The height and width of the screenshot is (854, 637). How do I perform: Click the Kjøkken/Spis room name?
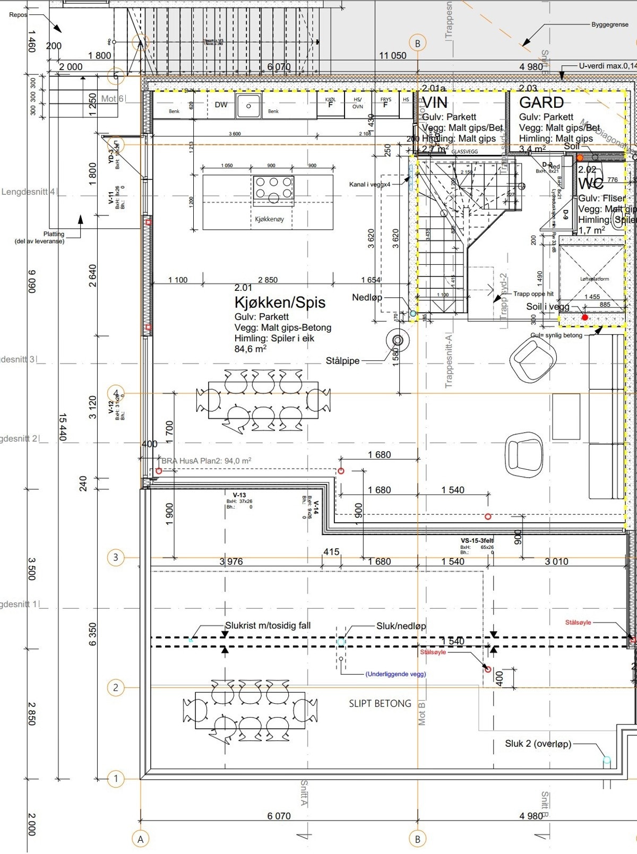click(280, 303)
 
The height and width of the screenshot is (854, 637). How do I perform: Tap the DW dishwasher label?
click(221, 105)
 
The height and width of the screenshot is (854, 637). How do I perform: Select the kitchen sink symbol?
click(248, 106)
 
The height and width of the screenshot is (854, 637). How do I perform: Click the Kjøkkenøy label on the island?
click(269, 219)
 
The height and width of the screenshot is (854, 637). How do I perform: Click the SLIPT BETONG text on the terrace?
click(380, 703)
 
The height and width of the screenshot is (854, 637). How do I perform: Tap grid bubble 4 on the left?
click(116, 393)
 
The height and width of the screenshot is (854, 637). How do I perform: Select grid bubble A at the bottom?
click(141, 839)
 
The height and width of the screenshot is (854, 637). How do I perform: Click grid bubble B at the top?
click(417, 44)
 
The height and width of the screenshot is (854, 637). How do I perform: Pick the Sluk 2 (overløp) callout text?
click(538, 744)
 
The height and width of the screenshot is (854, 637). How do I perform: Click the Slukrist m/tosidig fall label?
click(268, 625)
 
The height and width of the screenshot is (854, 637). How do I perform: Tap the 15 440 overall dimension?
click(62, 427)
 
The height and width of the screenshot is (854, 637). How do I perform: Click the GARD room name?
click(541, 102)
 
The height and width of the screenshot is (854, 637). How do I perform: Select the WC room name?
click(590, 184)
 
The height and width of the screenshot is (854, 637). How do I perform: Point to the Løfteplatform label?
click(594, 279)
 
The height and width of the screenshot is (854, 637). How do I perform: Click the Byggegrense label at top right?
click(609, 24)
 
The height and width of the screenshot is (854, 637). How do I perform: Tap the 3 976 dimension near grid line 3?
click(231, 561)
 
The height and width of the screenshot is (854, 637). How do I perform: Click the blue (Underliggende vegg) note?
click(395, 674)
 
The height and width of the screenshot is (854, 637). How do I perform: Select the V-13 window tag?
click(239, 495)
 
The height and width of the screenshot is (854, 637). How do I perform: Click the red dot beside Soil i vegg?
click(584, 317)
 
